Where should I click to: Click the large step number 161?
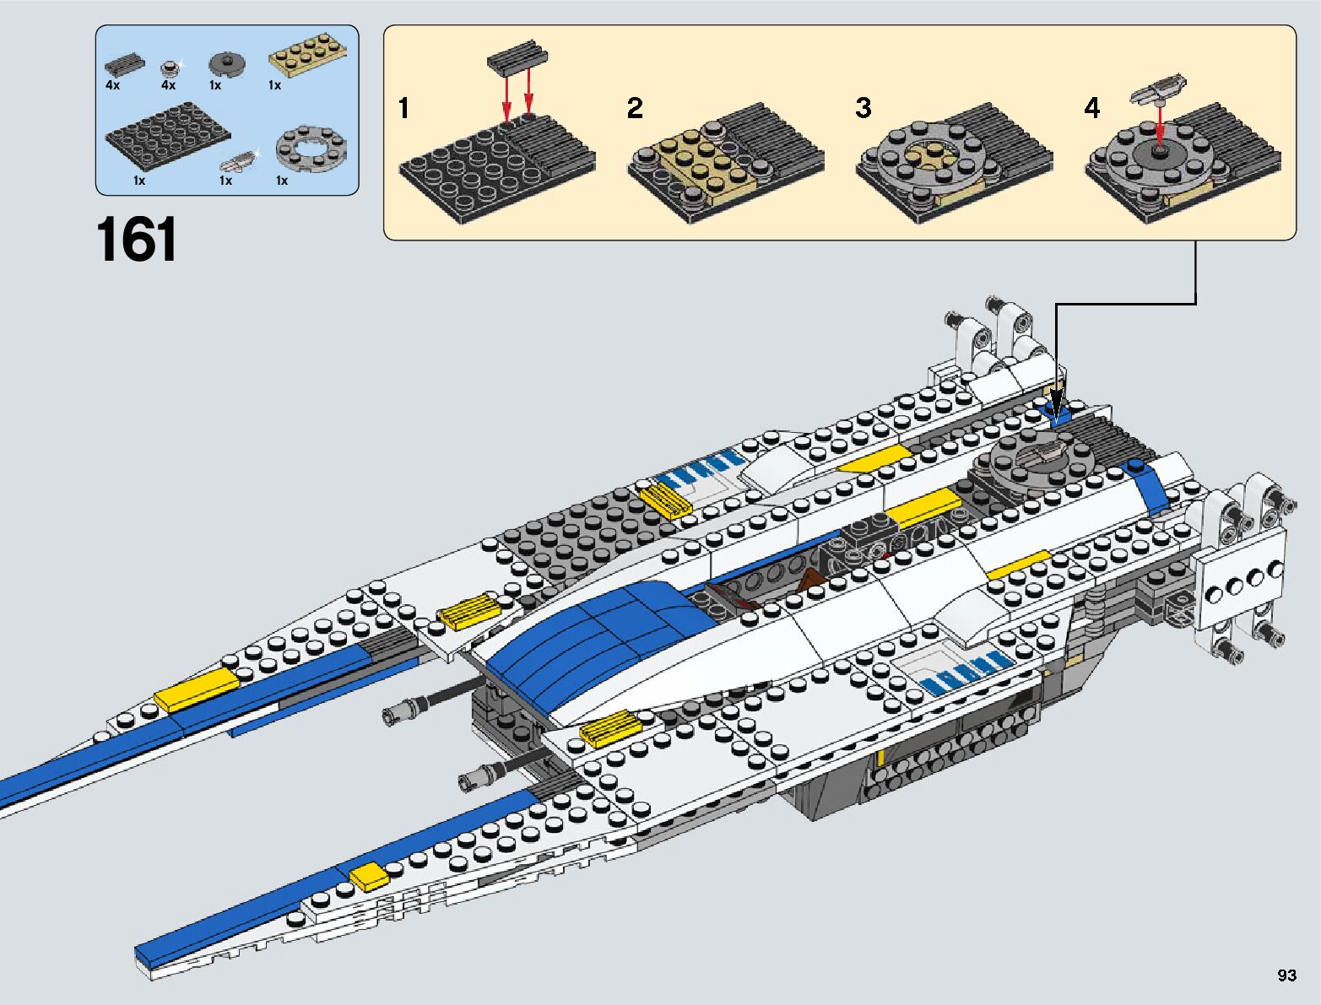pyautogui.click(x=137, y=240)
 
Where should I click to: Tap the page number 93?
pyautogui.click(x=1286, y=975)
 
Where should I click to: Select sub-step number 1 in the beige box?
pyautogui.click(x=403, y=109)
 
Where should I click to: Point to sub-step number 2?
pyautogui.click(x=634, y=108)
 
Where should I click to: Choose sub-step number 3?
pyautogui.click(x=863, y=108)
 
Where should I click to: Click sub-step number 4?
pyautogui.click(x=1092, y=108)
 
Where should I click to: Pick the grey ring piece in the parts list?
pyautogui.click(x=311, y=148)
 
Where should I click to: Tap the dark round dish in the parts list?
pyautogui.click(x=227, y=64)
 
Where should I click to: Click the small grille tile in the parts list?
pyautogui.click(x=125, y=63)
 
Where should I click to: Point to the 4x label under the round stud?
pyautogui.click(x=168, y=85)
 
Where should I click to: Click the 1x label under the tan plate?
pyautogui.click(x=274, y=85)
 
